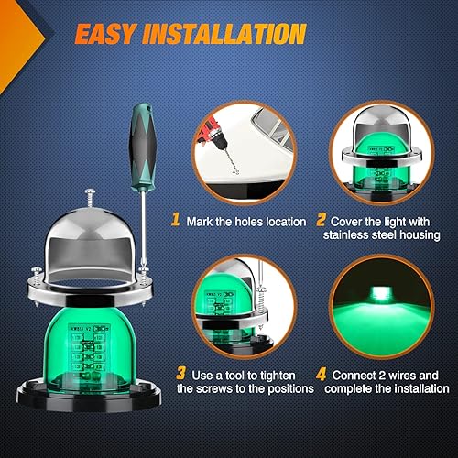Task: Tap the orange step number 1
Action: [x=174, y=220]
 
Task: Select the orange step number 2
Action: [x=321, y=220]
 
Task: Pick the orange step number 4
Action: [x=321, y=375]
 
